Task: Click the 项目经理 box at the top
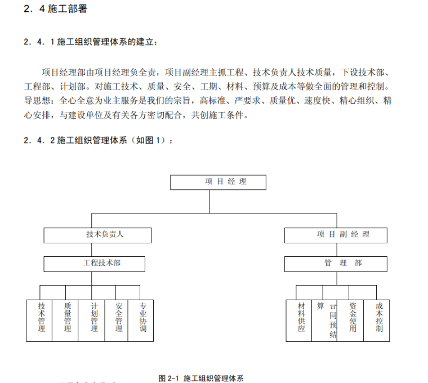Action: pyautogui.click(x=217, y=182)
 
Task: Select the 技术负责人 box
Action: pyautogui.click(x=97, y=235)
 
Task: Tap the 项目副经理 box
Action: pyautogui.click(x=335, y=235)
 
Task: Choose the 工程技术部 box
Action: pyautogui.click(x=94, y=264)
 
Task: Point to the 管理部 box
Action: pyautogui.click(x=335, y=264)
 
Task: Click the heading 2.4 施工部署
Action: pyautogui.click(x=56, y=10)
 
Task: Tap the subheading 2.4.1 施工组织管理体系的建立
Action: pyautogui.click(x=90, y=42)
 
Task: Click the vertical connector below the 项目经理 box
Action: pyautogui.click(x=209, y=201)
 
